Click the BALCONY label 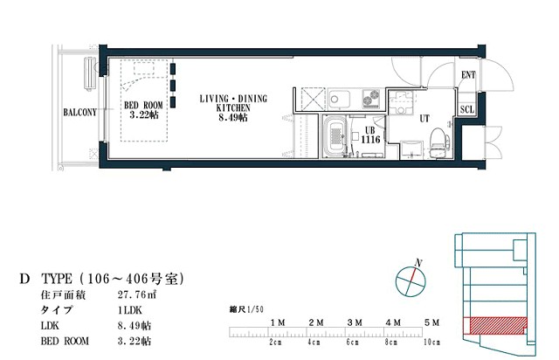(x=79, y=113)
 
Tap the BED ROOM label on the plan (x=143, y=106)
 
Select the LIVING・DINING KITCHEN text (x=233, y=103)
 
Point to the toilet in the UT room (x=438, y=143)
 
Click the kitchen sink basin (x=339, y=98)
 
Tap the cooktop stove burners (x=371, y=98)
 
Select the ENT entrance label (x=468, y=75)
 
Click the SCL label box (x=467, y=109)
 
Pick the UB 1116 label (x=370, y=135)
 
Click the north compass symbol (x=411, y=280)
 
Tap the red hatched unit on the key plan (x=499, y=325)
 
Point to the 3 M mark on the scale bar (x=355, y=322)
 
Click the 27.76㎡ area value (x=137, y=295)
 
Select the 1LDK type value (x=130, y=310)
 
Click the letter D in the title (x=24, y=279)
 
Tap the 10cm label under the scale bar (x=431, y=343)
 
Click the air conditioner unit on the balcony (x=90, y=74)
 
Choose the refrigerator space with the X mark (x=313, y=99)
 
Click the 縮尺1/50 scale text (x=246, y=309)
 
